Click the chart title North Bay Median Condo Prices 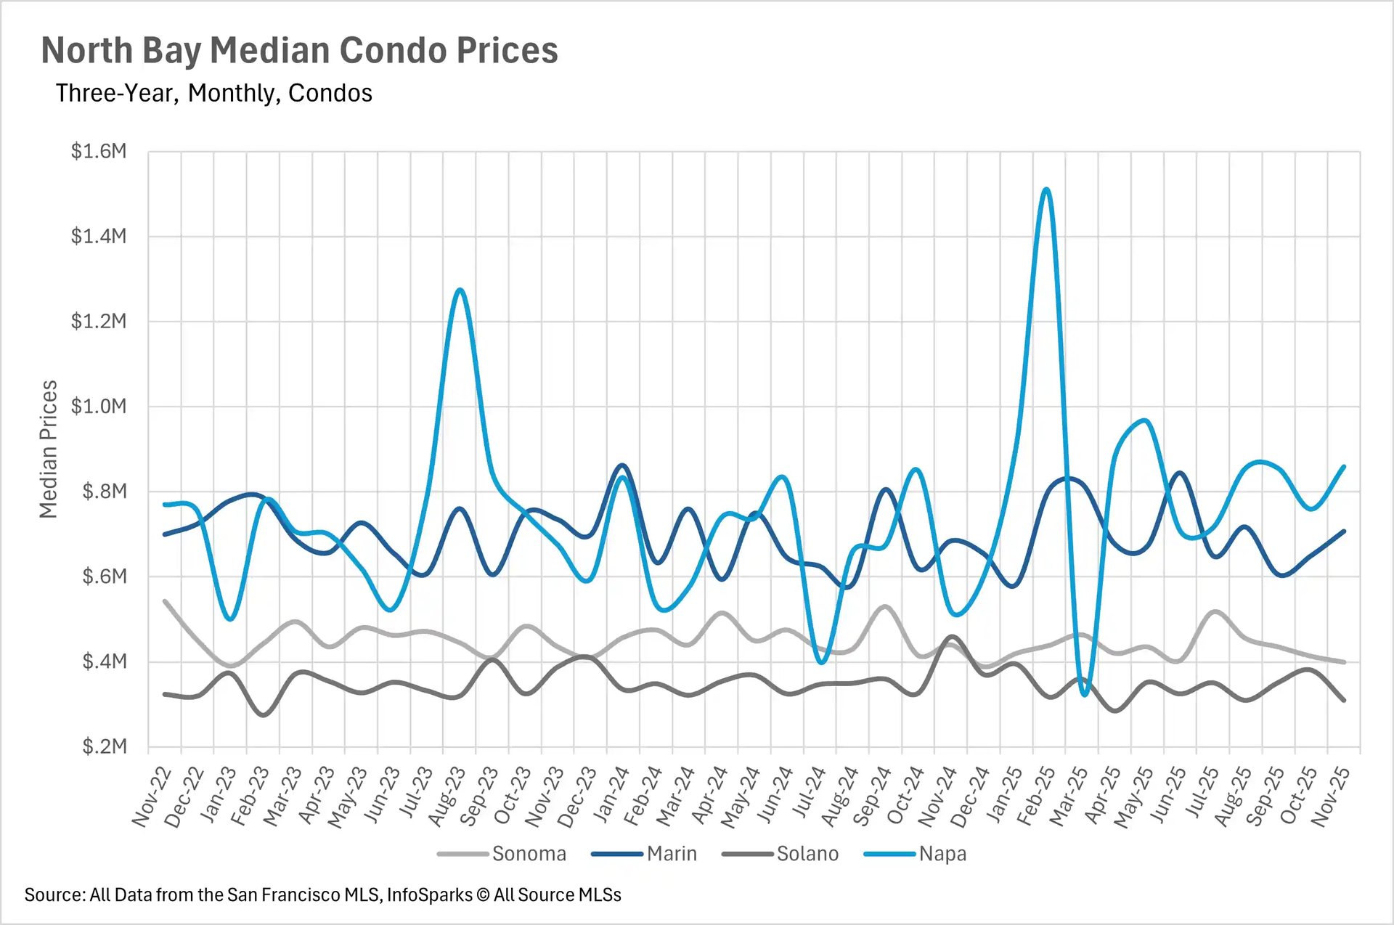pyautogui.click(x=299, y=51)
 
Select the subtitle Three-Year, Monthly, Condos pyautogui.click(x=213, y=93)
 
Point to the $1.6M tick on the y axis pyautogui.click(x=99, y=151)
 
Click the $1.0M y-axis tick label pyautogui.click(x=99, y=406)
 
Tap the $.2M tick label pyautogui.click(x=104, y=746)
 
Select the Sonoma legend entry pyautogui.click(x=528, y=853)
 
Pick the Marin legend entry pyautogui.click(x=671, y=853)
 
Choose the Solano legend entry pyautogui.click(x=807, y=853)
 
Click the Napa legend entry pyautogui.click(x=942, y=853)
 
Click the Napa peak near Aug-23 pyautogui.click(x=460, y=290)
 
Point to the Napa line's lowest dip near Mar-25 pyautogui.click(x=1085, y=695)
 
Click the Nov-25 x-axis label pyautogui.click(x=1332, y=797)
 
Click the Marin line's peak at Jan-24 pyautogui.click(x=623, y=465)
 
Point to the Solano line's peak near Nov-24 pyautogui.click(x=953, y=637)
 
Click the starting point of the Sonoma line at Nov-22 pyautogui.click(x=165, y=601)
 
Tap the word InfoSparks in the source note pyautogui.click(x=429, y=895)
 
